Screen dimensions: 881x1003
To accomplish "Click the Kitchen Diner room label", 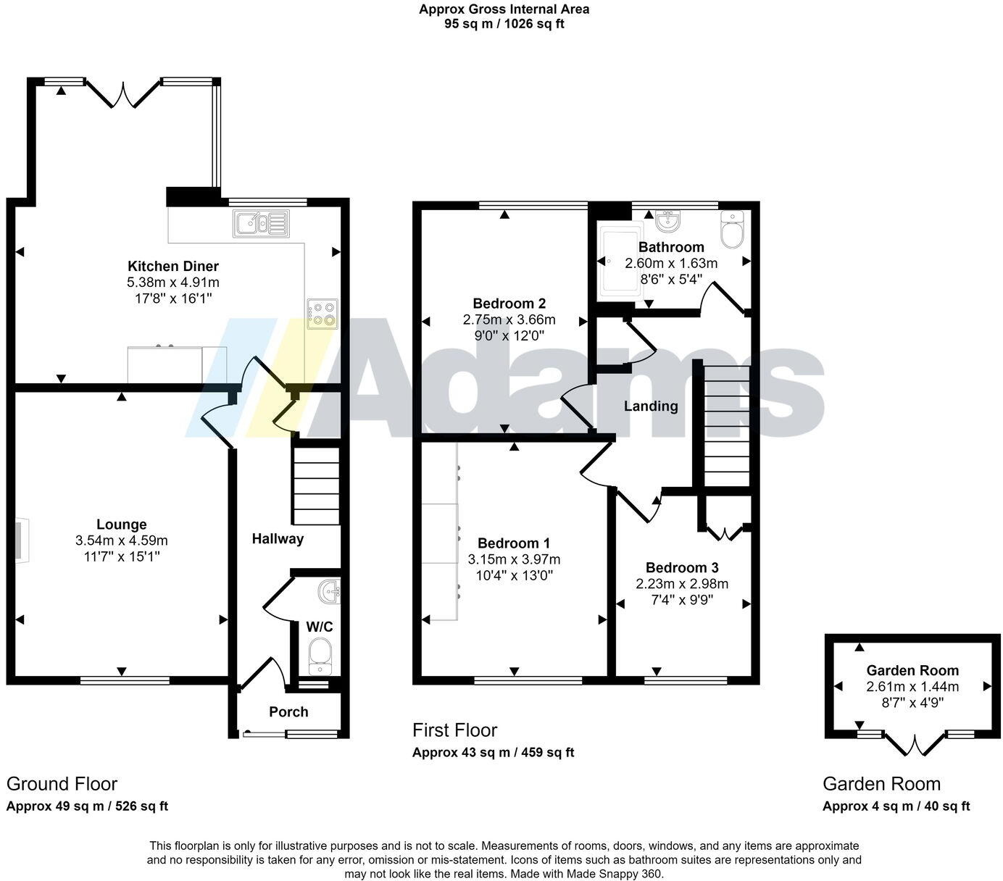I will (x=173, y=266).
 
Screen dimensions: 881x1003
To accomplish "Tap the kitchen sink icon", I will (x=260, y=224).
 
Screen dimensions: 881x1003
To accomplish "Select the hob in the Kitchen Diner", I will (x=322, y=314).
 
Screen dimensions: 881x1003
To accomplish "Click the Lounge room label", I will (x=122, y=525).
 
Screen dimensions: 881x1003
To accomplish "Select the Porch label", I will (x=288, y=711).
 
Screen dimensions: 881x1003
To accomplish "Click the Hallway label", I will (x=278, y=538).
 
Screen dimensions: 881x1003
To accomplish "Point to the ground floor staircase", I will (x=316, y=485).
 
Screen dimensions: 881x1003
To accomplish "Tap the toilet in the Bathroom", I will (x=733, y=230).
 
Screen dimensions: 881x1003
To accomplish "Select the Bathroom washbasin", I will (x=667, y=220).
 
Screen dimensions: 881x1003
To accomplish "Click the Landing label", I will (x=651, y=406).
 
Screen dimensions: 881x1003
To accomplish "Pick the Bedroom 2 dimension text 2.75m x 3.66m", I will (x=509, y=320).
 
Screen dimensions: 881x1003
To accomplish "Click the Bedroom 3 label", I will (x=682, y=567).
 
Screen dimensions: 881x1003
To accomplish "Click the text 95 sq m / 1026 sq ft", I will (x=504, y=24).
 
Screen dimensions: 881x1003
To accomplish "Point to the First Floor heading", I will (x=455, y=730).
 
